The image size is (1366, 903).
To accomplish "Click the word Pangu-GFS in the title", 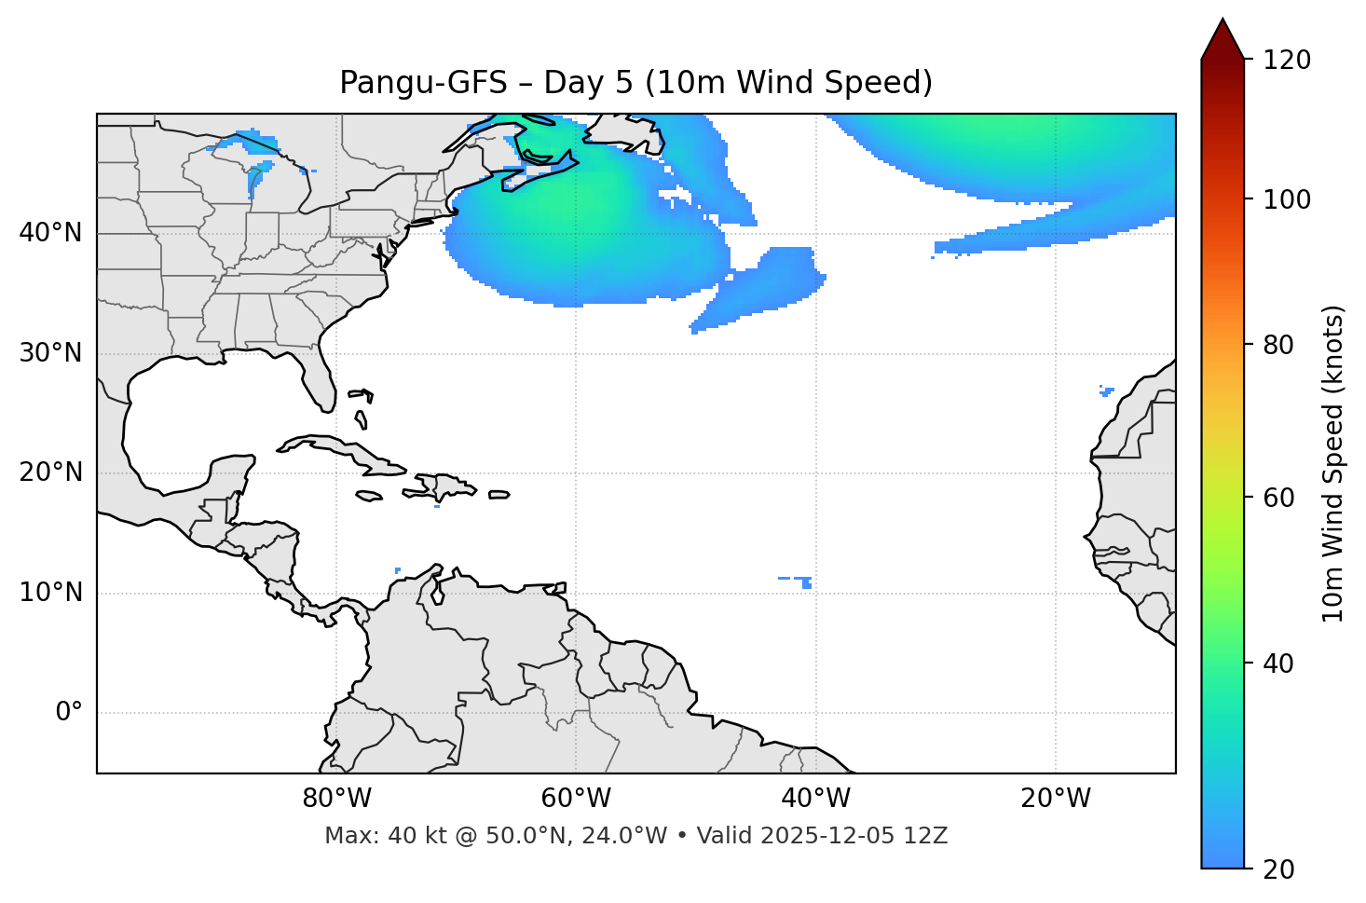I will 423,83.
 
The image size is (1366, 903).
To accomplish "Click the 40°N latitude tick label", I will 50,233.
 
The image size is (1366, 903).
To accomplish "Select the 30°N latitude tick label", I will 50,353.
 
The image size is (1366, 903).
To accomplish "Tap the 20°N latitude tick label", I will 50,472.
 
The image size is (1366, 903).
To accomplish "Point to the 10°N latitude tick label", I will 50,593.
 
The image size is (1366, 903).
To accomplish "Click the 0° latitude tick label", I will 68,713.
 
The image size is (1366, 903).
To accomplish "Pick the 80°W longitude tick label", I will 336,799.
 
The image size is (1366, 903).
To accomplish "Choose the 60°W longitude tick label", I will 576,799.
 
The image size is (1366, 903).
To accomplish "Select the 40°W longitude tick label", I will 815,799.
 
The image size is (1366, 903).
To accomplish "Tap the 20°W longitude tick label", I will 1055,799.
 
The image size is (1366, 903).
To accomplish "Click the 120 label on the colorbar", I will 1287,61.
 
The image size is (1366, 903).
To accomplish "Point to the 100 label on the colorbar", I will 1287,199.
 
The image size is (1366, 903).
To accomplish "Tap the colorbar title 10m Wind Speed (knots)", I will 1333,463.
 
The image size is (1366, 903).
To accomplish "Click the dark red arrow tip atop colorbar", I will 1223,35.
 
